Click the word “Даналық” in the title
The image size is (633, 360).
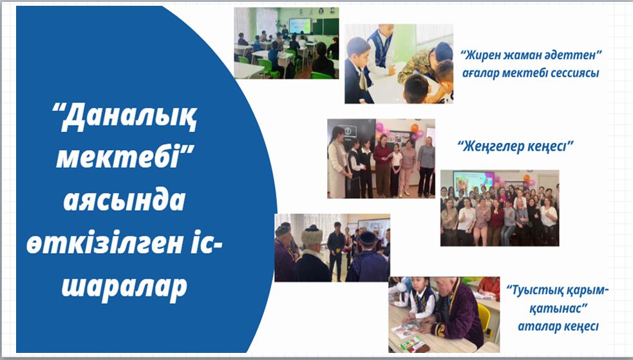(x=125, y=117)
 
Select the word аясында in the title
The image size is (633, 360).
(x=124, y=201)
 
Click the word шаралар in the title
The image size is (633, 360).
(x=124, y=288)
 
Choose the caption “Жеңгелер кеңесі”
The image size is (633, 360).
(x=516, y=146)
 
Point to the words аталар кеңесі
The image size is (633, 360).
(x=558, y=326)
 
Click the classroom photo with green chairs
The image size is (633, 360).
(x=286, y=43)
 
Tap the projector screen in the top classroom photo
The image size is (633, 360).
(x=299, y=26)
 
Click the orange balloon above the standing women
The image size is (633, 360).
(x=415, y=128)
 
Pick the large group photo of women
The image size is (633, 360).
(x=500, y=208)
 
